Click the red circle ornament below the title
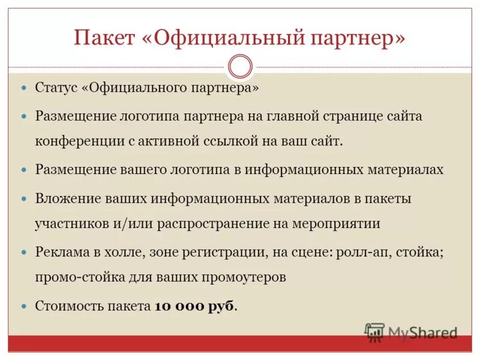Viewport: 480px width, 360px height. [x=240, y=67]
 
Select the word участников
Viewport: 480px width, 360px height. [x=72, y=224]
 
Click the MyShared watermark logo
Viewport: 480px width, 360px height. [x=411, y=332]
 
